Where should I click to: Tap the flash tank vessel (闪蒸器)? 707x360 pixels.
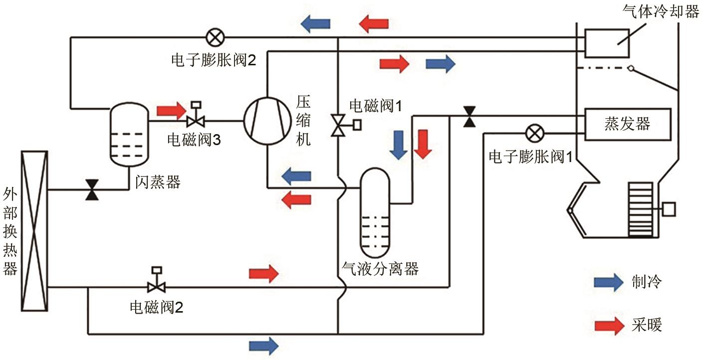pyautogui.click(x=129, y=135)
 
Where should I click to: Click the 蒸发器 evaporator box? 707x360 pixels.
pyautogui.click(x=627, y=124)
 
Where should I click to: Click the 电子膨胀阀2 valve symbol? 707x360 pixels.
pyautogui.click(x=215, y=36)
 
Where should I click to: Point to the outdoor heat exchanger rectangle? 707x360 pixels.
pyautogui.click(x=34, y=232)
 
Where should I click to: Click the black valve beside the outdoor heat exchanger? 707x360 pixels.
pyautogui.click(x=92, y=189)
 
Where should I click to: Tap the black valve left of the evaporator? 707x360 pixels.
pyautogui.click(x=469, y=116)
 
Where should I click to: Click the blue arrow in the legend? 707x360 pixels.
pyautogui.click(x=609, y=282)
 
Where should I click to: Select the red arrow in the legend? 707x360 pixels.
pyautogui.click(x=609, y=325)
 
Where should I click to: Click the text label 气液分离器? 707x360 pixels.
pyautogui.click(x=380, y=269)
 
